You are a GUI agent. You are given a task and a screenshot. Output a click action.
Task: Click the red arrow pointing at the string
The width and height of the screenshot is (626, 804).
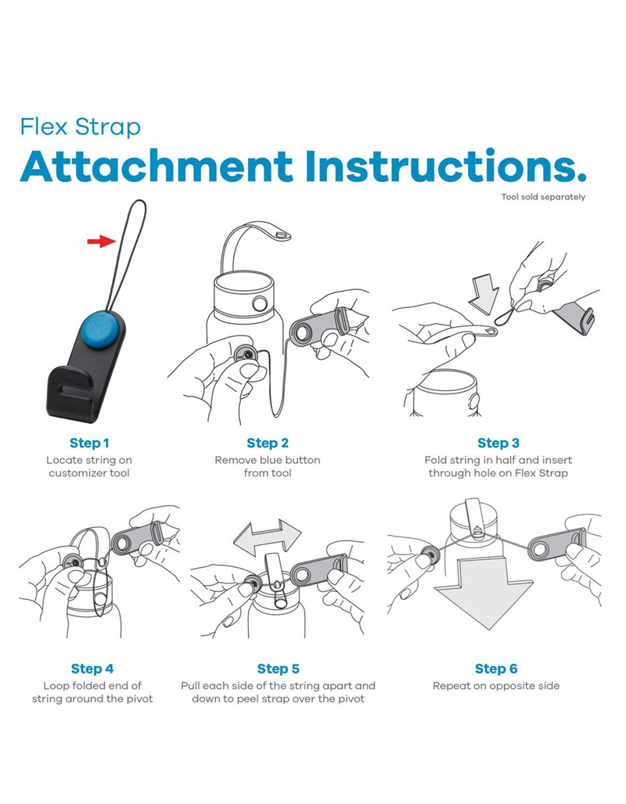tap(102, 241)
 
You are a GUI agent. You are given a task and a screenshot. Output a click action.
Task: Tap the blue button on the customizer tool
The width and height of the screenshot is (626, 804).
tap(100, 325)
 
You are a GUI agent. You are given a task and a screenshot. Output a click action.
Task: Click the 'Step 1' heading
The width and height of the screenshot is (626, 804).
tap(89, 443)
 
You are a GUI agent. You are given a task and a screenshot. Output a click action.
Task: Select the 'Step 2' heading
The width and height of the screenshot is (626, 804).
tap(268, 443)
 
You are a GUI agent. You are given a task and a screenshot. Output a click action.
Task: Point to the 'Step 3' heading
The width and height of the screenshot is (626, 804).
tap(498, 443)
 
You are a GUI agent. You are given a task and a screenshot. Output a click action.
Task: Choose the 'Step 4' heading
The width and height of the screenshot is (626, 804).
tap(92, 669)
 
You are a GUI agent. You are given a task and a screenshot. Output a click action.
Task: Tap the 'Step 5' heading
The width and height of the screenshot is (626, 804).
tap(278, 669)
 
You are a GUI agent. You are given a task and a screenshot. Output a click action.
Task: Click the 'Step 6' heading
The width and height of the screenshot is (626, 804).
tap(496, 669)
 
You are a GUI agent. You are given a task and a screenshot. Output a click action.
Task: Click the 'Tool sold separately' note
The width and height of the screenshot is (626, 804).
tap(543, 197)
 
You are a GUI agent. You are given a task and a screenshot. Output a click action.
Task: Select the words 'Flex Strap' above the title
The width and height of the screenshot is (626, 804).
tap(80, 127)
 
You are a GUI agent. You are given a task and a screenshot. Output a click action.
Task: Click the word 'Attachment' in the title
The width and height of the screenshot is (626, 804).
tap(156, 167)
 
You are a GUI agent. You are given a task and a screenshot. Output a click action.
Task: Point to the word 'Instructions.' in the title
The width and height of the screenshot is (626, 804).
tap(445, 167)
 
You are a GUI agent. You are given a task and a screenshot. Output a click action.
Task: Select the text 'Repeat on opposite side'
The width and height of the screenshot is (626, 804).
tap(496, 686)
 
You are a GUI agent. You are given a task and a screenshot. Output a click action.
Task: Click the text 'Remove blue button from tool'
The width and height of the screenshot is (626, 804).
tap(268, 467)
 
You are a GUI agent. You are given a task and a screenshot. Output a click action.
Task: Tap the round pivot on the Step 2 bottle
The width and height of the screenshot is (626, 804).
tap(260, 303)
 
